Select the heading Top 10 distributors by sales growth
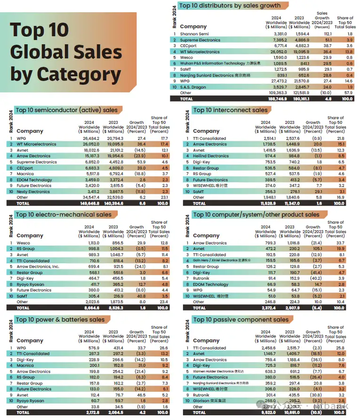click(230, 6)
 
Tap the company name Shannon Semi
click(195, 34)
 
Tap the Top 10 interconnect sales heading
click(230, 110)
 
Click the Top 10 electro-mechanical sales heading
click(64, 215)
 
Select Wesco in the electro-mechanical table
click(24, 243)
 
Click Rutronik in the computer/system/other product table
click(202, 278)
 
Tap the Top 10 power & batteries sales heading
click(60, 320)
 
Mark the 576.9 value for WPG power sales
click(92, 348)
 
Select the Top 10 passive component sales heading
click(240, 320)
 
